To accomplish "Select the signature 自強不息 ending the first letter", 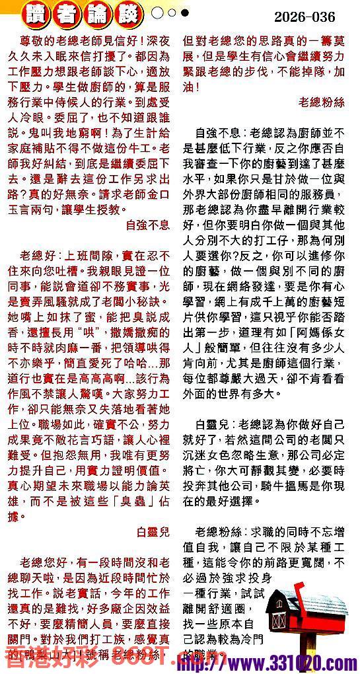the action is tap(147, 225).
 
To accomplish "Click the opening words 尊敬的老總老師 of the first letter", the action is tap(59, 41).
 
